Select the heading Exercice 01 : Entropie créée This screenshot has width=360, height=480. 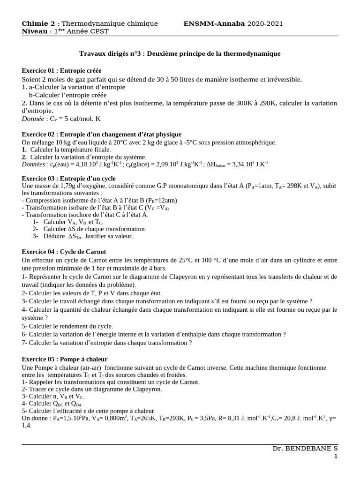[61, 71]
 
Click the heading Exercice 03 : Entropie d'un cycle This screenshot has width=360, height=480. [68, 179]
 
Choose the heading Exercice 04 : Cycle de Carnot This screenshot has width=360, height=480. [64, 252]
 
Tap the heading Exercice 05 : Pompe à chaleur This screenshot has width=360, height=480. [65, 359]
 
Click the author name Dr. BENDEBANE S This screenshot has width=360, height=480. [305, 449]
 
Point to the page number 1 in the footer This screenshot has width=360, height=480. [336, 456]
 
